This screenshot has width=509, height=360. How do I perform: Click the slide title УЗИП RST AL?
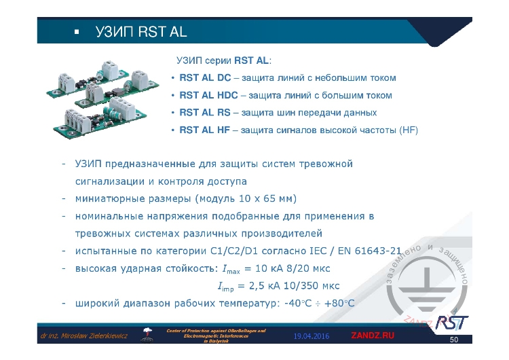click(141, 32)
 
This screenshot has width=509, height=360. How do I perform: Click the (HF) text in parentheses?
click(409, 129)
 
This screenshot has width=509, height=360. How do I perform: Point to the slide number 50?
click(455, 339)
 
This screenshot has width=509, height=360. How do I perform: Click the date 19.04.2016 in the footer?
click(312, 336)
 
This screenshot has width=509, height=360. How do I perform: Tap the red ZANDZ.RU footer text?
click(372, 336)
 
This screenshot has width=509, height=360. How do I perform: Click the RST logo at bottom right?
click(451, 321)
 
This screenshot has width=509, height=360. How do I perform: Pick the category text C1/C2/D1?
click(239, 250)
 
